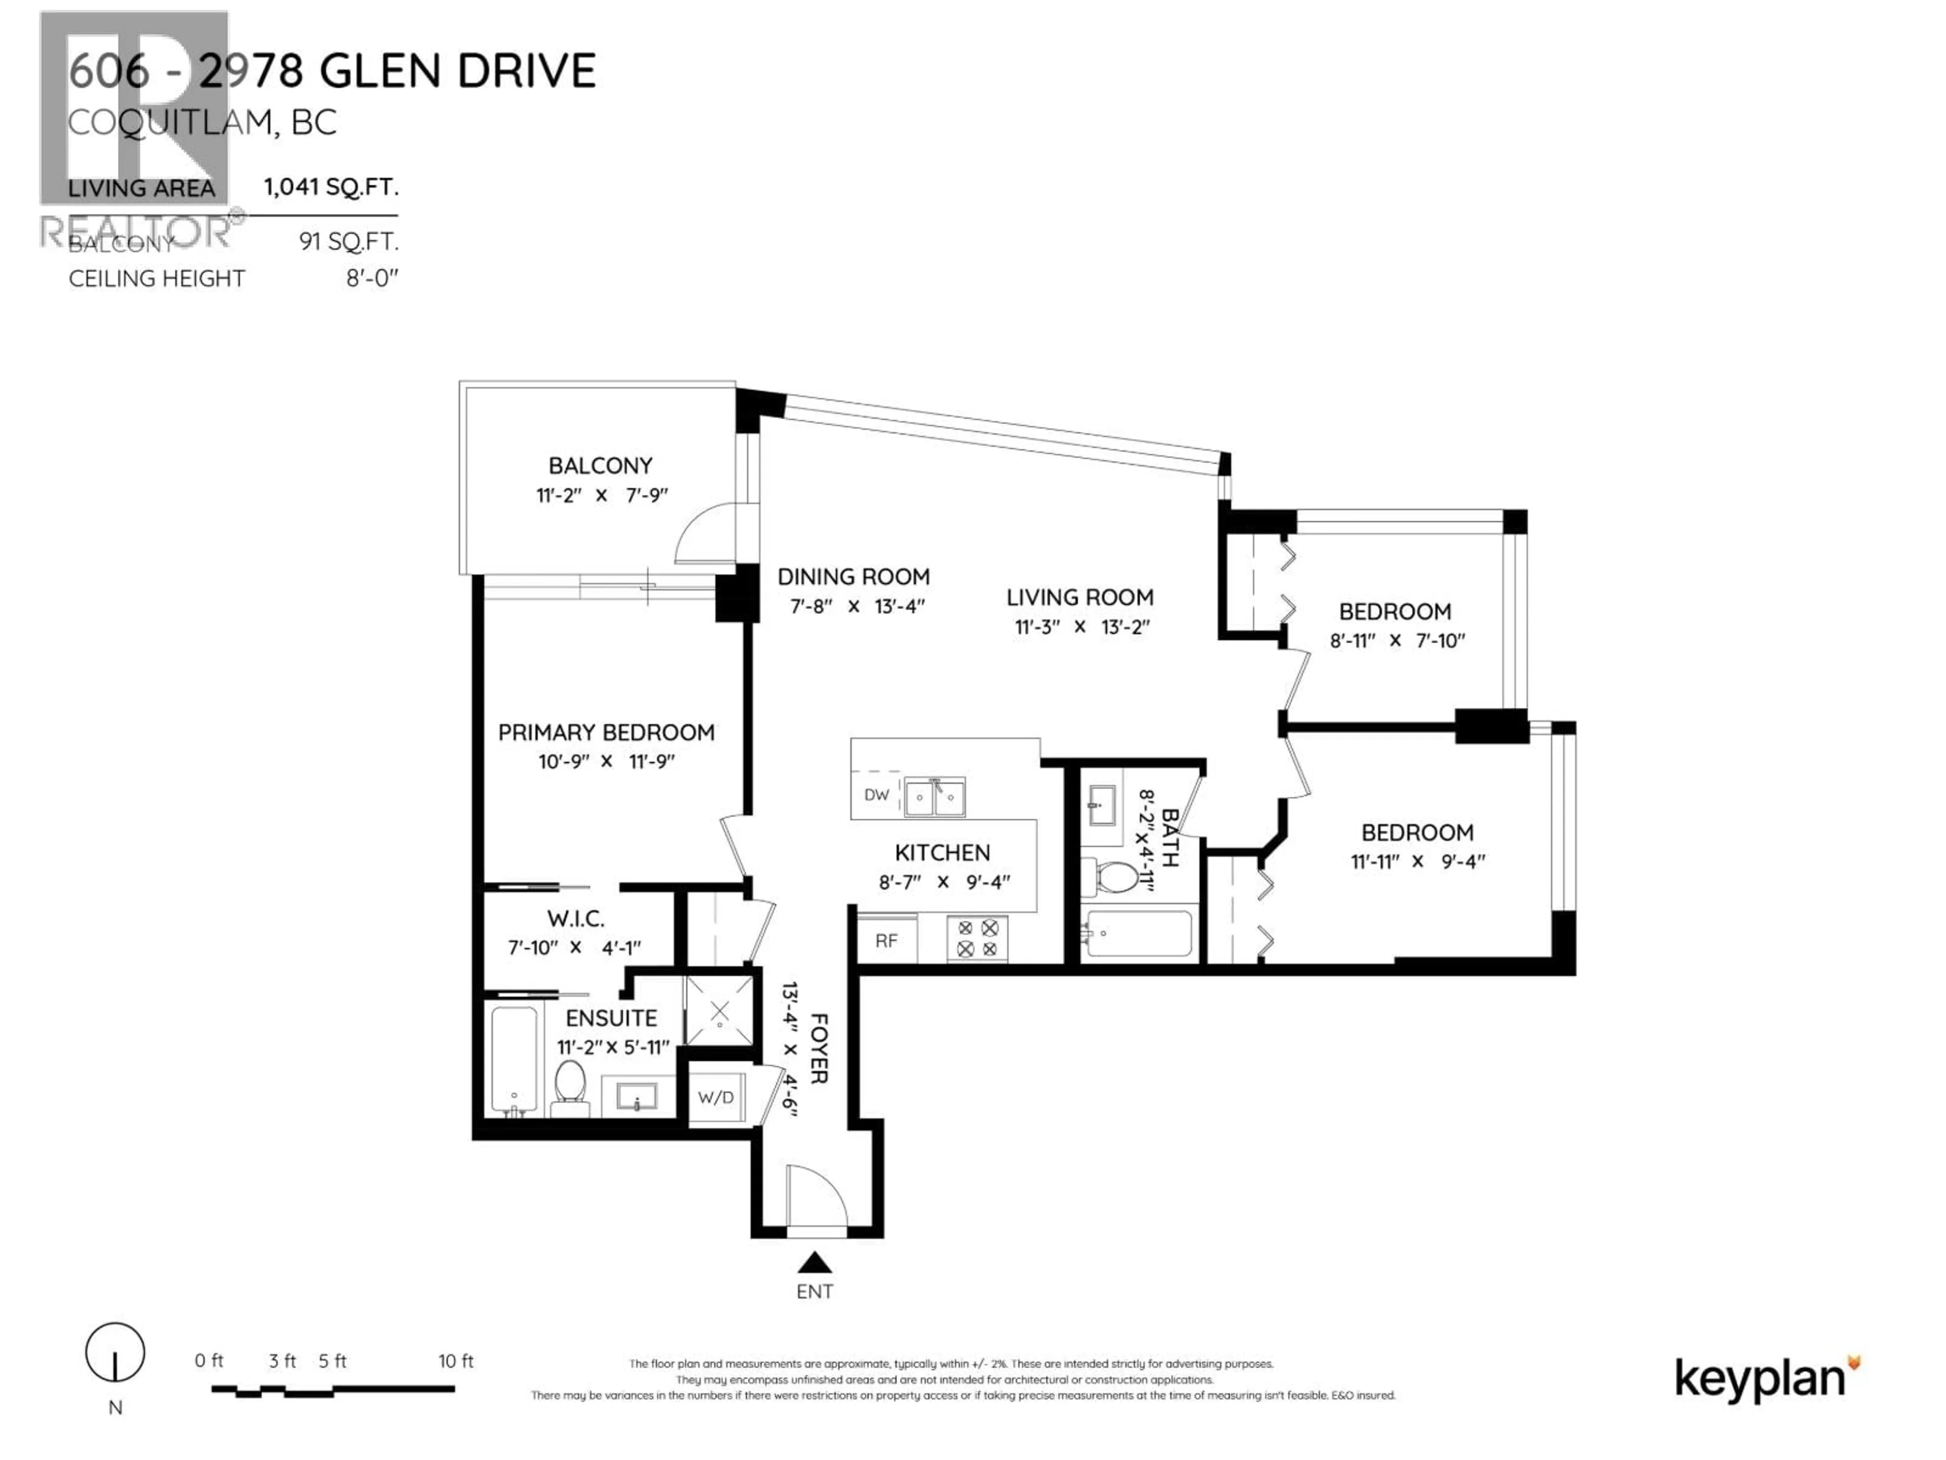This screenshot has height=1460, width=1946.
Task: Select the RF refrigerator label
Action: pos(886,941)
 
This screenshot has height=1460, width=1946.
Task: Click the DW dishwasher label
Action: pos(876,795)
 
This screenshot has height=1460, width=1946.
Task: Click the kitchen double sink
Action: pos(934,797)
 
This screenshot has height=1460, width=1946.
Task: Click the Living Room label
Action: pos(1079,598)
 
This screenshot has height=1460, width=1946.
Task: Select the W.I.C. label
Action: pos(575,919)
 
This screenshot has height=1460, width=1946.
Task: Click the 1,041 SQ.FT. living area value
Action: pos(331,187)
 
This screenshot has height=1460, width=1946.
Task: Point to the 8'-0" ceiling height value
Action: pos(372,278)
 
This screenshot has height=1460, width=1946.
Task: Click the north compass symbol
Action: pos(115,1353)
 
